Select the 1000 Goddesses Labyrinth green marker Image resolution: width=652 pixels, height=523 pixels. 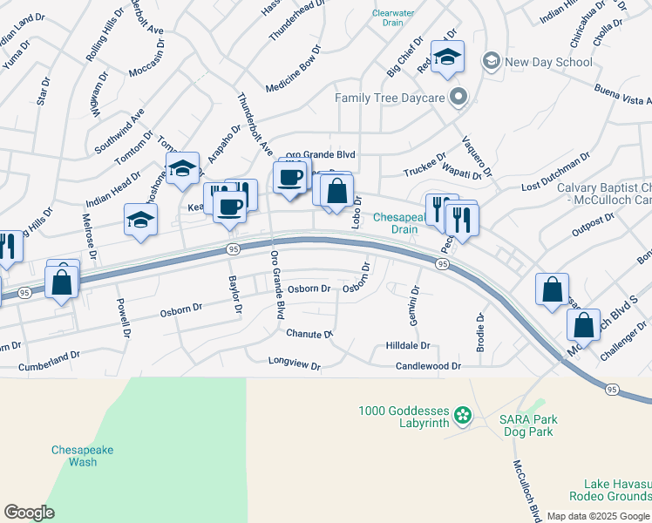(464, 411)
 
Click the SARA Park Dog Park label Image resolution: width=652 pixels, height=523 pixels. (528, 425)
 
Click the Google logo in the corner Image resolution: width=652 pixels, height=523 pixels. (29, 513)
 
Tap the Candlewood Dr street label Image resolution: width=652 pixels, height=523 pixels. (428, 367)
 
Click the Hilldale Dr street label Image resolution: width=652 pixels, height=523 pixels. (408, 346)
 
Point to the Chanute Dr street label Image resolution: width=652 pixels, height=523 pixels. (309, 334)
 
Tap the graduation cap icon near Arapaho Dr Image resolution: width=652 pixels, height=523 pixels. (183, 169)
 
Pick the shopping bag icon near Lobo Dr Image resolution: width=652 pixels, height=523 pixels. (336, 191)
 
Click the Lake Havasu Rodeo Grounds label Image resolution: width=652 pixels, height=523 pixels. (610, 490)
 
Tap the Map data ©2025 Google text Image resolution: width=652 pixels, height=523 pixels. (597, 516)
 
